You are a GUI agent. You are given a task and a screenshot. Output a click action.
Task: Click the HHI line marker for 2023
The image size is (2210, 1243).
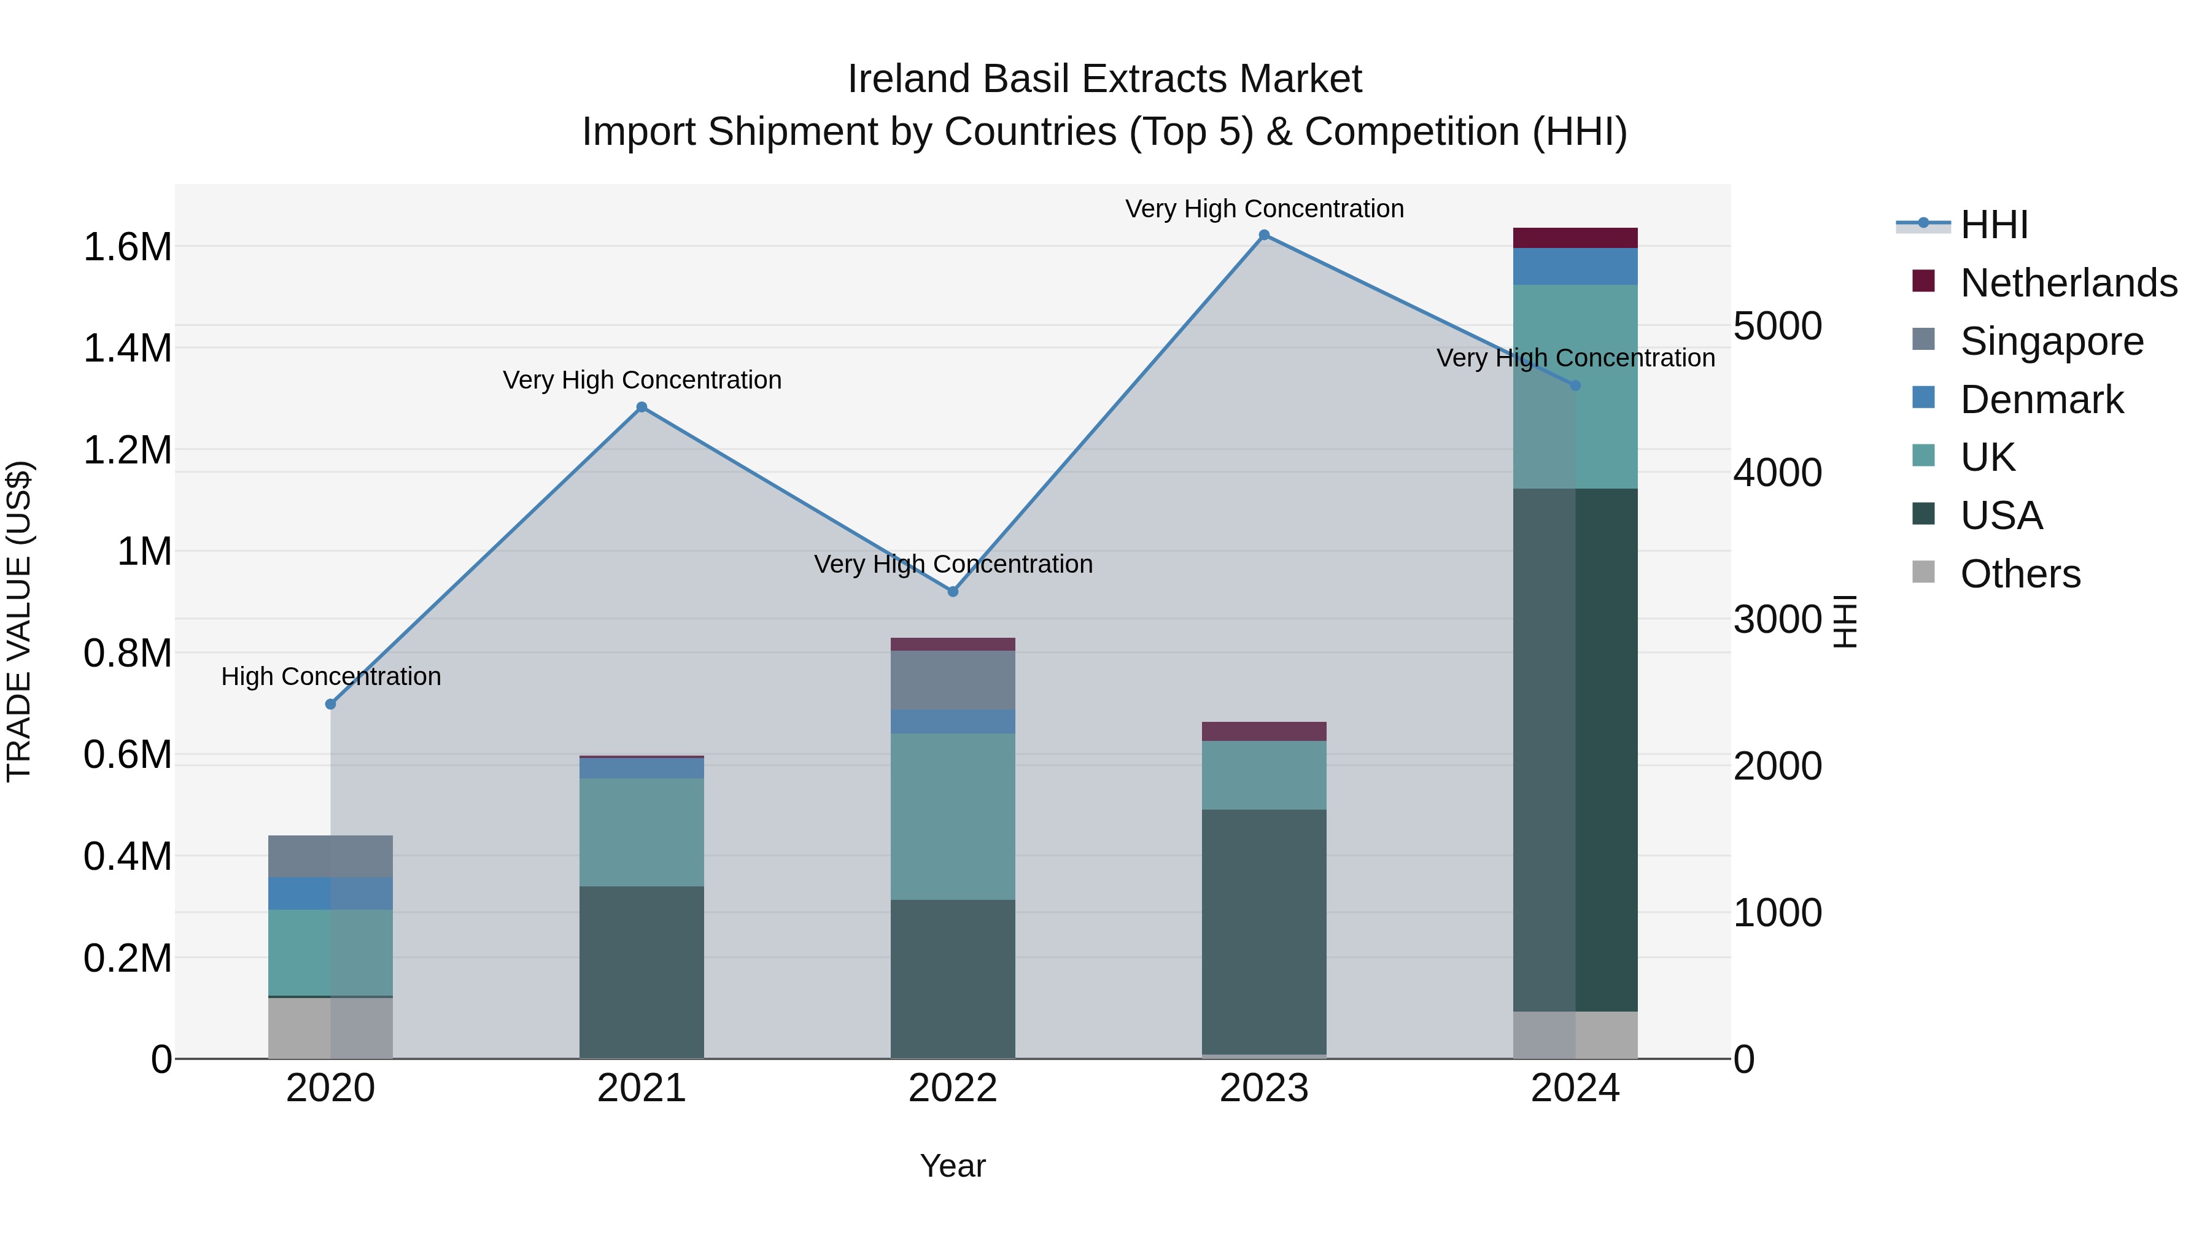(x=1264, y=235)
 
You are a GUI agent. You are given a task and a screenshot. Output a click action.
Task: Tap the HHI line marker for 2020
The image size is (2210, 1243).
(x=330, y=704)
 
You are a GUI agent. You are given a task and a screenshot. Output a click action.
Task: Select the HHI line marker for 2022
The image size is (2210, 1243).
(x=952, y=591)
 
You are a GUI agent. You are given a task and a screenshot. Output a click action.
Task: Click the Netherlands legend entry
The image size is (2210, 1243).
(x=2068, y=283)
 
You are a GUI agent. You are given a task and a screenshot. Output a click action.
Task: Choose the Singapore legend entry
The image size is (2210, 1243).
(x=2051, y=341)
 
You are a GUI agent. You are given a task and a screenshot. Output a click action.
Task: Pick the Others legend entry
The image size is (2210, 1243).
(x=2020, y=574)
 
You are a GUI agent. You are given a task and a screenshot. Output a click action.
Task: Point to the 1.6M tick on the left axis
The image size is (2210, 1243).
(x=127, y=247)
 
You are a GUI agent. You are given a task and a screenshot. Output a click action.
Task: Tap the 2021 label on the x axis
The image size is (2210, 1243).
(x=642, y=1088)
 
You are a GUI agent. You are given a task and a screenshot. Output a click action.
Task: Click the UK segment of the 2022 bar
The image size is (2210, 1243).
(x=952, y=816)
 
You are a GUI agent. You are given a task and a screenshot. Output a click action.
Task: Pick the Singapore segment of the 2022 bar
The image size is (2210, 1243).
(x=952, y=680)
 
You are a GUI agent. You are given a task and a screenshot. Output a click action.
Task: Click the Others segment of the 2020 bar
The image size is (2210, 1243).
(x=330, y=1028)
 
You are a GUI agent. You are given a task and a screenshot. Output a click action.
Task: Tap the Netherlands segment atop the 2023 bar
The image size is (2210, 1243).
(x=1264, y=732)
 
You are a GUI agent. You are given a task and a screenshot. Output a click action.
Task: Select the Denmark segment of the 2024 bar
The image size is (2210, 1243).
(x=1575, y=267)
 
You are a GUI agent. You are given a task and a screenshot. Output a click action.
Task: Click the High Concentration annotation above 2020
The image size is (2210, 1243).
(x=331, y=677)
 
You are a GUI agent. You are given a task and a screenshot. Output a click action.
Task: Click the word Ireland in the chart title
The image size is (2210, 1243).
(x=909, y=79)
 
